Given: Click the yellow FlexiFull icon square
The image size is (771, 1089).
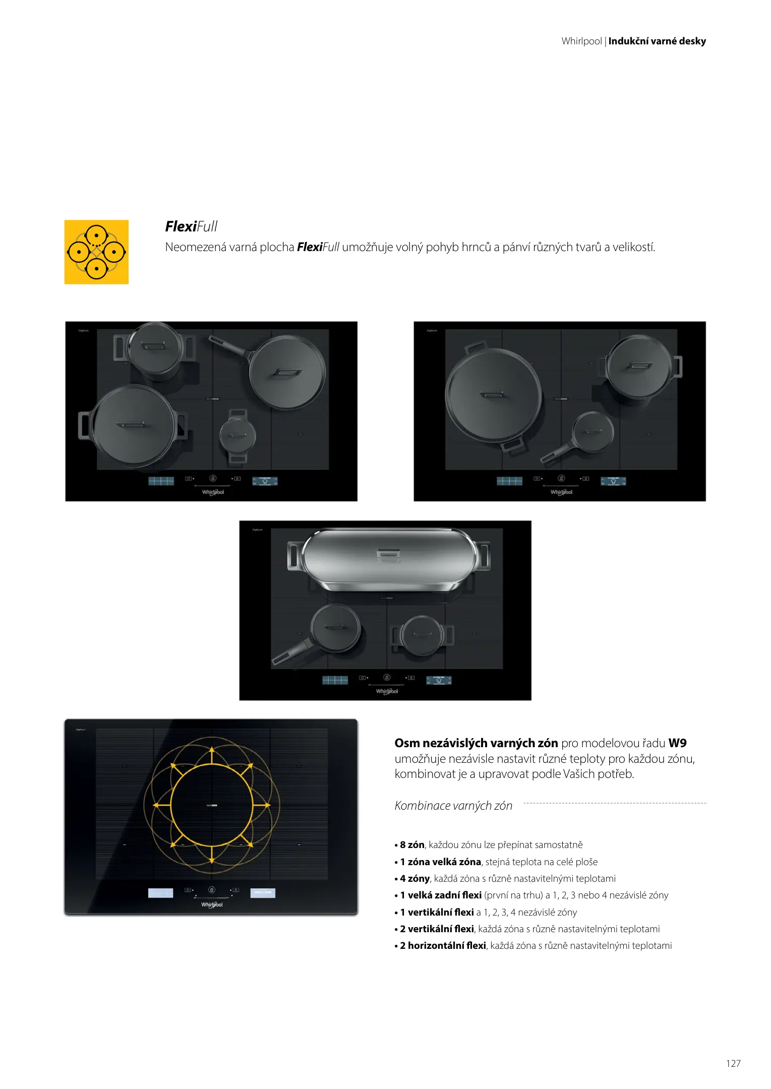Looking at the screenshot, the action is coord(96,252).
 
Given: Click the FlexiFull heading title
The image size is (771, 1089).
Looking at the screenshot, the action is coord(191,226).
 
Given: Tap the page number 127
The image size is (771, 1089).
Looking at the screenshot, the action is coord(733,1063).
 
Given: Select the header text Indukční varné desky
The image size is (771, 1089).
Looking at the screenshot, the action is coord(657,41).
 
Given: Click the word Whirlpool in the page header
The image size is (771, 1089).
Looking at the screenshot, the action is coord(581,41).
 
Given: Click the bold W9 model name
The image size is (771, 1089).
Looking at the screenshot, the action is coord(677,743).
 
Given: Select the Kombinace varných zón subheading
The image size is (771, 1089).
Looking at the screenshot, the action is coord(453,806).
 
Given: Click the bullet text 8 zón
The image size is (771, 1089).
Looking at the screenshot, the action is coord(412,844).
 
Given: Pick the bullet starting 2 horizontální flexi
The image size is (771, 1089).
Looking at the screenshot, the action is coord(533,945).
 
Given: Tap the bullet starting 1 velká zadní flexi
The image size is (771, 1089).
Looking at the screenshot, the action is coord(531,895).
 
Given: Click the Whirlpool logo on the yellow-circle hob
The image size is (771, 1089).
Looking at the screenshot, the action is coord(212,905).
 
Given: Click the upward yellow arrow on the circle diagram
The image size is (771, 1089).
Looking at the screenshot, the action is coord(212,756).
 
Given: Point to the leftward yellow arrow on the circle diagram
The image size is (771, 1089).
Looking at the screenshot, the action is coord(162,805).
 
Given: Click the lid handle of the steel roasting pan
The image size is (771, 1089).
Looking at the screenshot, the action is coord(389,554).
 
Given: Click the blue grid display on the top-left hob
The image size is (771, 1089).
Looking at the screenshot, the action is coord(161,481).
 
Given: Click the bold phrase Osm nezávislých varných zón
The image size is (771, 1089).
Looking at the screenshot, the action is coord(476,743).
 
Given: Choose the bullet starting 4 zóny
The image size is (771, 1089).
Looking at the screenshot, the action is coord(505,878).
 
